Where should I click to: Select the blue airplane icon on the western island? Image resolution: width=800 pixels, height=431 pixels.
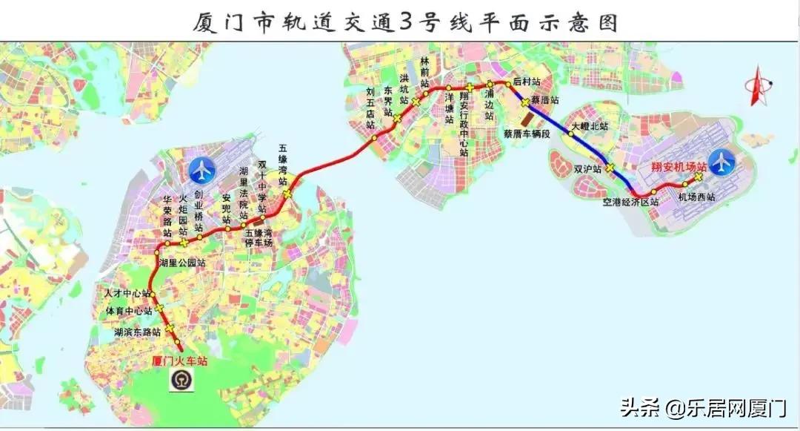click(x=201, y=171)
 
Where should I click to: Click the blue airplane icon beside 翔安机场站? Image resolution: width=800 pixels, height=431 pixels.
click(x=721, y=161)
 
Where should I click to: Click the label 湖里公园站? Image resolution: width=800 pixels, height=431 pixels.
click(x=182, y=263)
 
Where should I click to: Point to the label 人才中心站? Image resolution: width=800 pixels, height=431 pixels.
click(x=127, y=295)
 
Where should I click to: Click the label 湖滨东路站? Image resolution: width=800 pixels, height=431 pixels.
click(x=138, y=332)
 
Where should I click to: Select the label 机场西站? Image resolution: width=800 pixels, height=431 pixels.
click(x=697, y=197)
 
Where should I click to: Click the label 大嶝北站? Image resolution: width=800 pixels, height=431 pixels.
click(x=589, y=127)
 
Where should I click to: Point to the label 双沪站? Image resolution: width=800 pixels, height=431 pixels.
click(x=587, y=168)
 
